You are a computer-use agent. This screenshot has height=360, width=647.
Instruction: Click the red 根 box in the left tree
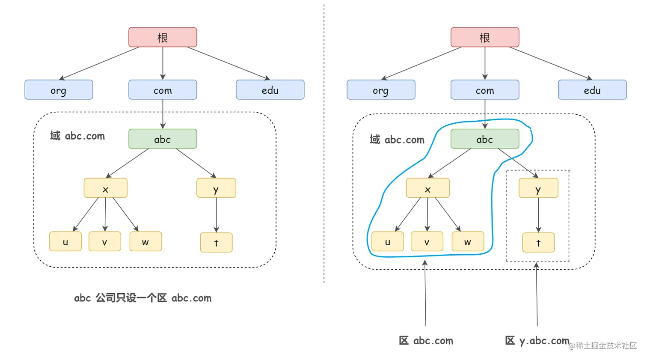point(163,37)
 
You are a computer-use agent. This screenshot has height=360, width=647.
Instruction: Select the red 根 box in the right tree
point(485,37)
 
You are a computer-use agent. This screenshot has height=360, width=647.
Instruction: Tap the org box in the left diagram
point(59,90)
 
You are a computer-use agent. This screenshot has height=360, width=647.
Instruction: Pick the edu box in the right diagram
point(592,90)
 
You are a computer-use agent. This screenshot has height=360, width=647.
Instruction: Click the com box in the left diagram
point(163,90)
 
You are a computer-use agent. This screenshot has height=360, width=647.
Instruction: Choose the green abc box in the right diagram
point(485,139)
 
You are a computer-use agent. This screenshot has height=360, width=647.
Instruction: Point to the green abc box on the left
point(163,139)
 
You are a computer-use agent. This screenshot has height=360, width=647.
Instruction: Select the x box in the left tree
point(105,188)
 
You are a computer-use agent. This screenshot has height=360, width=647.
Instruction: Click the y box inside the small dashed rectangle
point(538,188)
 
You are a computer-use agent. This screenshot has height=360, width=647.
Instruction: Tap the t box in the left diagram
point(217,242)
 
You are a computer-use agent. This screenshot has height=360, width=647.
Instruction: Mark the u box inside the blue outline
point(388,241)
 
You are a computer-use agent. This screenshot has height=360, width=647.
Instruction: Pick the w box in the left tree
point(145,241)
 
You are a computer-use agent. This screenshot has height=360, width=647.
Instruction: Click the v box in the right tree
point(427,241)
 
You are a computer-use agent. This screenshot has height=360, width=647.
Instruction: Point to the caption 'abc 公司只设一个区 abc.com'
point(142,298)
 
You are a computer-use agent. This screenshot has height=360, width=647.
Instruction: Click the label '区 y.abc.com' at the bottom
point(537,341)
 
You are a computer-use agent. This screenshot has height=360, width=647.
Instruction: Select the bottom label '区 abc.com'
point(426,341)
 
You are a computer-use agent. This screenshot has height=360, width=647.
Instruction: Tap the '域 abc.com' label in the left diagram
point(77,136)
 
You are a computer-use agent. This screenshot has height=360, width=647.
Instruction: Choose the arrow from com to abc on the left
point(163,114)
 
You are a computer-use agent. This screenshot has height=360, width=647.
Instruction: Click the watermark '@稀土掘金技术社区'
point(602,345)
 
